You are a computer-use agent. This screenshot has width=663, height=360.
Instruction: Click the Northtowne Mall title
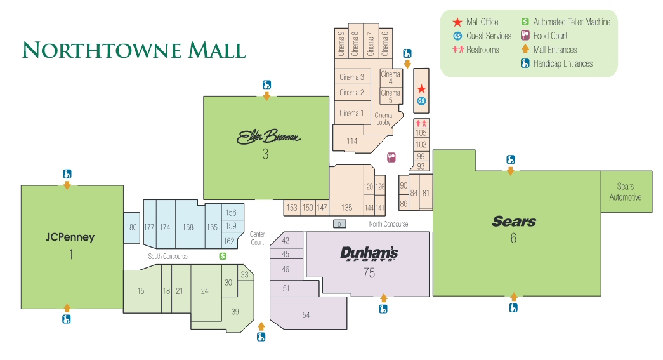[x=134, y=50]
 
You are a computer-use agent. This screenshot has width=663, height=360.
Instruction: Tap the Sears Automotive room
[x=625, y=191]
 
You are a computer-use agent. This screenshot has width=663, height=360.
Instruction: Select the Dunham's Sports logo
[x=369, y=253]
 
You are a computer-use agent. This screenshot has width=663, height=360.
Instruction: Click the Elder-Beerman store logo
[x=268, y=137]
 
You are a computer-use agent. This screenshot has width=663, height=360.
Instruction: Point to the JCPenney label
[x=70, y=237]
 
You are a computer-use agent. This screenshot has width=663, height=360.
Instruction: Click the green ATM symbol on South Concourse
[x=223, y=256]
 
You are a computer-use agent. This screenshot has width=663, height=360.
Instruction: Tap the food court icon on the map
[x=391, y=157]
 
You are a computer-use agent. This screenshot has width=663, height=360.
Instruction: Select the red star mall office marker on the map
[x=421, y=89]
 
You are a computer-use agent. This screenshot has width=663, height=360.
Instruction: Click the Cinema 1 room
[x=352, y=113]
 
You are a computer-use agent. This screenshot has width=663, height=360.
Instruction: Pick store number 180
[x=131, y=227]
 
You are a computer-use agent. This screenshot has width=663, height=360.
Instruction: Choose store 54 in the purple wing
[x=306, y=315]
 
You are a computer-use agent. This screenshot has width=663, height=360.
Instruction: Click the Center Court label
[x=257, y=238]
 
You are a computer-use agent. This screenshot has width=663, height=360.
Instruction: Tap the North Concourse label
[x=388, y=224]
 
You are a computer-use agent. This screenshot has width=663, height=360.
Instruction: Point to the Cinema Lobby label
[x=383, y=119]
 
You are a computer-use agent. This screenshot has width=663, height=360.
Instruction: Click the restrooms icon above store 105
[x=421, y=123]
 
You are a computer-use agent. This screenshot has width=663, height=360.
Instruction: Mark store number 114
[x=352, y=141]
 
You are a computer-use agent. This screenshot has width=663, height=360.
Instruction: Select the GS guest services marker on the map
[x=421, y=101]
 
